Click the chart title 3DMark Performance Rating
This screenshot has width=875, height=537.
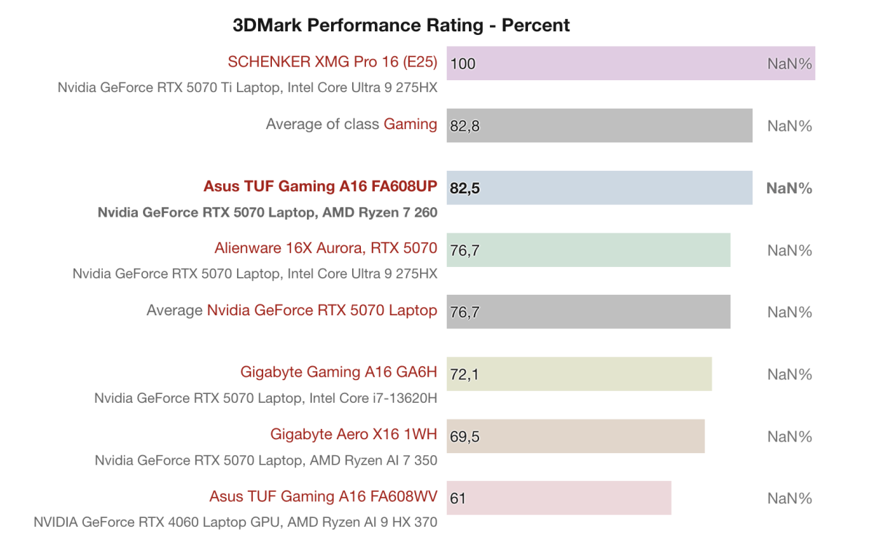point(401,26)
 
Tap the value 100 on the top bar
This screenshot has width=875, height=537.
point(463,63)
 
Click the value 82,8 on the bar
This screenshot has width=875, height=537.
point(465,126)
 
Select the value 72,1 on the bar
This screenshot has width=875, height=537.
point(465,375)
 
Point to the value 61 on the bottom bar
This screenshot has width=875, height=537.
point(459,499)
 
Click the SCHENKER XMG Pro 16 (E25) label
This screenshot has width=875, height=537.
point(332,62)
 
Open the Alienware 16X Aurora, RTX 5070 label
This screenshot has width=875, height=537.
point(326,248)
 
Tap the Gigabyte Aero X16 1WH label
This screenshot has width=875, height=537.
point(354,434)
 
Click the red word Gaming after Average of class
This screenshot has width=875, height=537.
point(411,124)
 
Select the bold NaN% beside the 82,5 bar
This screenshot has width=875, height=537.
point(789,188)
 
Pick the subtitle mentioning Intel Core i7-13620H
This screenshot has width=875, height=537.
point(265,398)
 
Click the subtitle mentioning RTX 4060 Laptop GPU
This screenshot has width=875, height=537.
point(236,522)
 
